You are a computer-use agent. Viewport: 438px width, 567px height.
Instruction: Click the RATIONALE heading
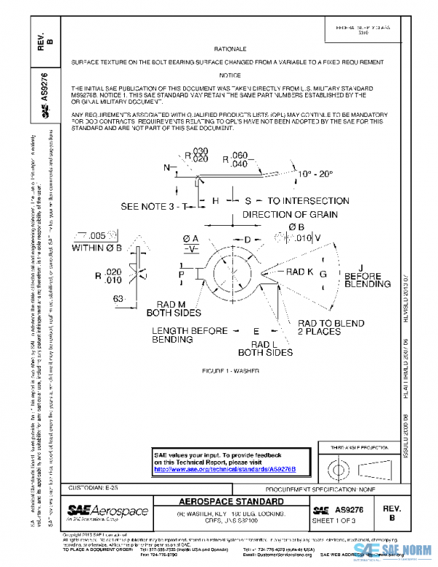click(230, 48)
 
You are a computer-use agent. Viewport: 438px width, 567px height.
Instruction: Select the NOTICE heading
click(230, 75)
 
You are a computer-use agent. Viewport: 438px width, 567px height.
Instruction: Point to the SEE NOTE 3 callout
click(153, 206)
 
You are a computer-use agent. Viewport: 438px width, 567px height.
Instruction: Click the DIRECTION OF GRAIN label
click(290, 215)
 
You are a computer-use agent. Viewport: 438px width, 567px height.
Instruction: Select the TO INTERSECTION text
click(308, 200)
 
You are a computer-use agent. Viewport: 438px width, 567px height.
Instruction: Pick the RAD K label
click(299, 272)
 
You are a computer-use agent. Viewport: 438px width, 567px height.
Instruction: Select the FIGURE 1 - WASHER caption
click(230, 370)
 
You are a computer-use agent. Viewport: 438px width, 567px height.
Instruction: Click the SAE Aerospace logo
click(107, 511)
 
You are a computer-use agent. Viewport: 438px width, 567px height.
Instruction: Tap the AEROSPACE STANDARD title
click(231, 503)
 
